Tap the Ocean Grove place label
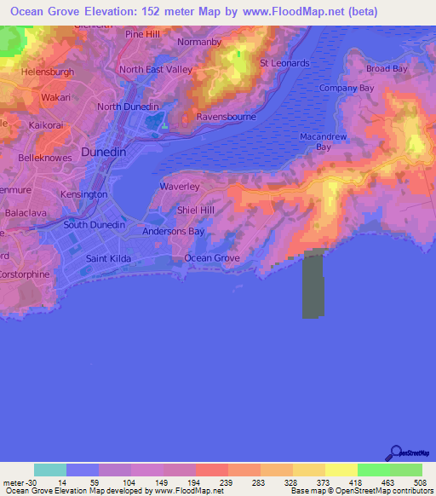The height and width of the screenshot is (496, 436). pos(212,257)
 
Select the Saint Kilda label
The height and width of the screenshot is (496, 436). pos(106,257)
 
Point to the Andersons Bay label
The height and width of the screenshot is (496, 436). pos(173,231)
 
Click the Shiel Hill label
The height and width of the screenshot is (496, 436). pos(195,209)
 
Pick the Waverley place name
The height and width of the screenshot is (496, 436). pos(180,186)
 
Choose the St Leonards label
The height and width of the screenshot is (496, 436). pos(284,63)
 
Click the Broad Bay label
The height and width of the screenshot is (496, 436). pos(388,69)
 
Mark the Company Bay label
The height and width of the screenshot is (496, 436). pos(346,88)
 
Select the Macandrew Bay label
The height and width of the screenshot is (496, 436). pos(322,141)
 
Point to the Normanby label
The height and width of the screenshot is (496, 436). pos(200,41)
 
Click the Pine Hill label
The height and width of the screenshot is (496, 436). pos(142,34)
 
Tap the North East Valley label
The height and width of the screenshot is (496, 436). pos(157,70)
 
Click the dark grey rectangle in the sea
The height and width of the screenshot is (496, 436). pos(314,285)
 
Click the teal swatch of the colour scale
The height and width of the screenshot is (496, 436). pos(50,470)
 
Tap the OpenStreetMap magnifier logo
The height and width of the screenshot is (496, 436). pos(397,453)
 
